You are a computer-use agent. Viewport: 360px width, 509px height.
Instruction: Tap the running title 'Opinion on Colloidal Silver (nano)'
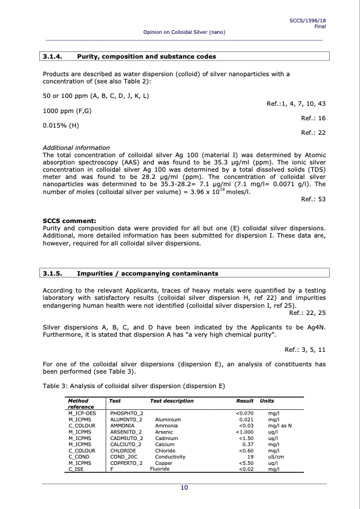[x=184, y=31]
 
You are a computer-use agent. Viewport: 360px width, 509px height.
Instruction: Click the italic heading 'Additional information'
[x=76, y=148]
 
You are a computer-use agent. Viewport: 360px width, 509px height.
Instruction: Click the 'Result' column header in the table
[x=244, y=401]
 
